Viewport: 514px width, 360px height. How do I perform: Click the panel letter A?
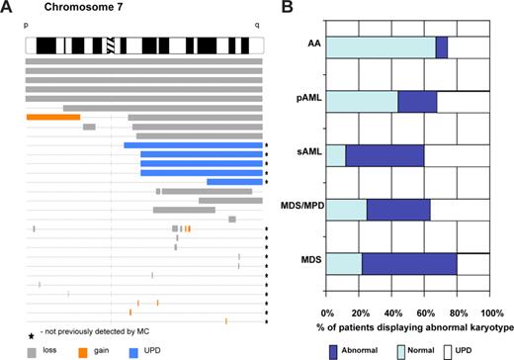click(x=7, y=9)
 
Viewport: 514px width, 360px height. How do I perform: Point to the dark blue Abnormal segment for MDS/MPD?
click(x=398, y=210)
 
